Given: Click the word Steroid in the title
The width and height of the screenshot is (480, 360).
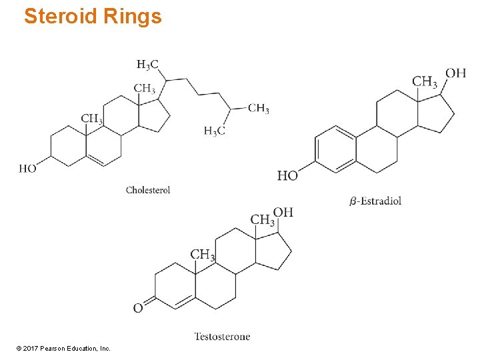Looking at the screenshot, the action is point(61,16).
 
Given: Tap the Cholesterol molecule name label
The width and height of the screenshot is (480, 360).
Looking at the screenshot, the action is point(148,190).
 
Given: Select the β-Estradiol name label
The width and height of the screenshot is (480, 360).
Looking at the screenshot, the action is point(376,201).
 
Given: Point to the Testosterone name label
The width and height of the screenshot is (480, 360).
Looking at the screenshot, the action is point(222,337).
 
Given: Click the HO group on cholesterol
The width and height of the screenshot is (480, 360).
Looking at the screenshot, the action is point(28,169).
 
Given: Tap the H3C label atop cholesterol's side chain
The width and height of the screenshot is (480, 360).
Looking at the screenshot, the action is point(147,65).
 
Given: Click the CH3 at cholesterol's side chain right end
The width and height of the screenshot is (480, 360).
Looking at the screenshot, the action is point(259,109).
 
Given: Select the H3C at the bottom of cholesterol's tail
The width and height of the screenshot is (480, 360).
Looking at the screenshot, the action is point(214,131).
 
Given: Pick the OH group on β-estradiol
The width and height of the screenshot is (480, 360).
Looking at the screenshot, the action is point(455,73).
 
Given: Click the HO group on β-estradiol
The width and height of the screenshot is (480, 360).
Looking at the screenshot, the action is point(287,175).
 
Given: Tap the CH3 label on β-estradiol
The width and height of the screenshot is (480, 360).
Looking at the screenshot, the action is point(425,82).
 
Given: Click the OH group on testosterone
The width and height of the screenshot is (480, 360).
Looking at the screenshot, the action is point(283,213).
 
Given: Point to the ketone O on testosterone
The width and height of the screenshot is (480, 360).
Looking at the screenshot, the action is point(138,308).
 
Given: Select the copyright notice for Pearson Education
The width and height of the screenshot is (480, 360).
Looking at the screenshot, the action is point(63,348).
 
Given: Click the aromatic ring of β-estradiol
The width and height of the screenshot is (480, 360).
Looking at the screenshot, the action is point(335,149).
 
